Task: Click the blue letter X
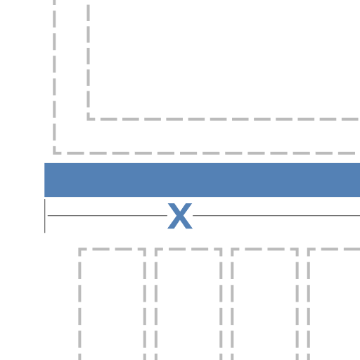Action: point(180,216)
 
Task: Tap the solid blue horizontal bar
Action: point(202,180)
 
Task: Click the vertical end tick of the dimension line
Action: point(45,216)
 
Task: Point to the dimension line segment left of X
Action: point(108,215)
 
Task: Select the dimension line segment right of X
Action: point(276,215)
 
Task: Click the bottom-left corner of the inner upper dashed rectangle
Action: point(88,120)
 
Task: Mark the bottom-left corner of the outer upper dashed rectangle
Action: point(54,153)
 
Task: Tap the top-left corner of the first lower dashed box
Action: point(79,249)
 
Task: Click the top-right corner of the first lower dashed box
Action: point(145,249)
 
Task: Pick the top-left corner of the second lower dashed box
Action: point(156,249)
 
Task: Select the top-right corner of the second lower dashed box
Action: point(221,249)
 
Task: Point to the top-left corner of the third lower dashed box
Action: point(232,249)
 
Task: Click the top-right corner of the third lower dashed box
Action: point(297,249)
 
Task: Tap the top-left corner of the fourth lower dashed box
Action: point(309,249)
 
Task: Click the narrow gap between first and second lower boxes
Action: point(150,304)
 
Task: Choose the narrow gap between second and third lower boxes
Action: point(226,304)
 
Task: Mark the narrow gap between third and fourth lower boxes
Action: point(303,304)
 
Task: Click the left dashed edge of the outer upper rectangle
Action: point(54,77)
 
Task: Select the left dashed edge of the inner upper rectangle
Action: point(88,62)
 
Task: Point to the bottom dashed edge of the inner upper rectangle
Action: point(224,120)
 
